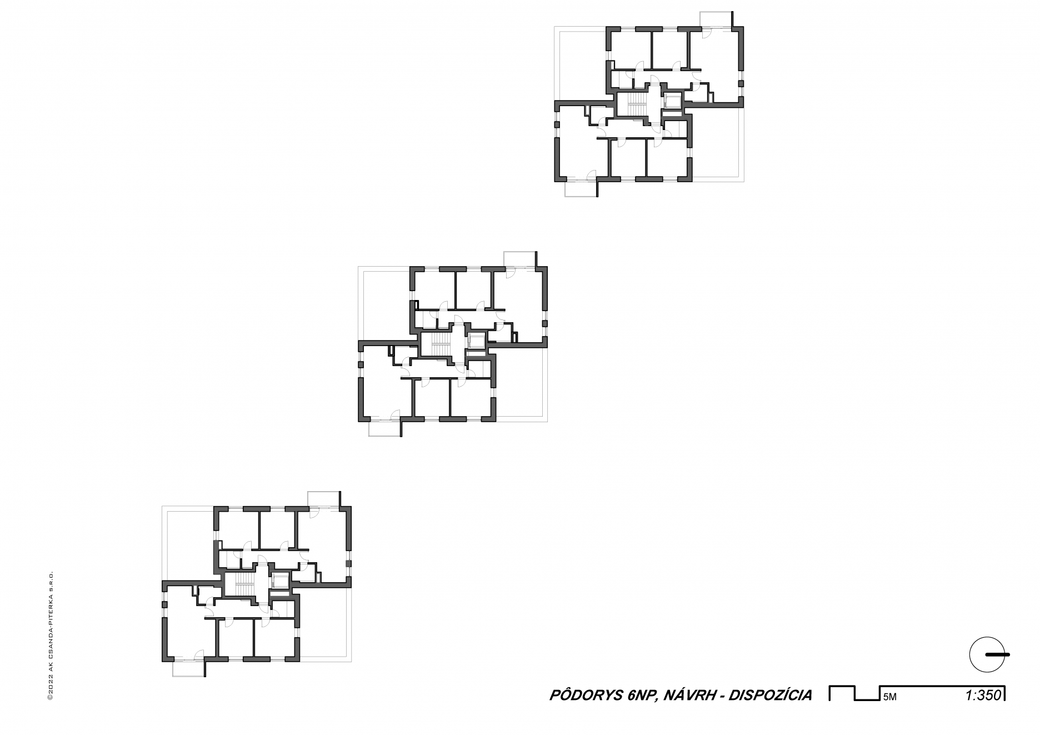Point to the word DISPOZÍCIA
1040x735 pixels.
[x=770, y=695]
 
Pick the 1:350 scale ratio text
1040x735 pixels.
[x=983, y=695]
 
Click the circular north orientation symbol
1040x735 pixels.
[x=987, y=654]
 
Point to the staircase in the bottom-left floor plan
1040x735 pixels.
[x=242, y=584]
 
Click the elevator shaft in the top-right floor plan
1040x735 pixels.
[x=672, y=102]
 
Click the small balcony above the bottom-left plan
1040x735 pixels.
[x=324, y=499]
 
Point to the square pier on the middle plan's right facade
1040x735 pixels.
[x=545, y=323]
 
